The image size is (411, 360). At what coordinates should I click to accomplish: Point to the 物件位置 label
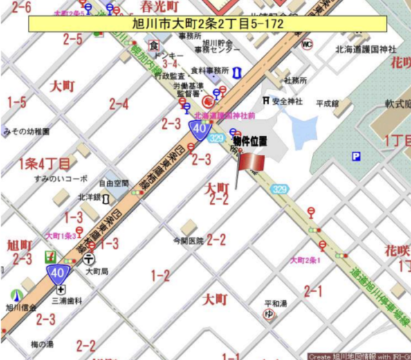point(250,141)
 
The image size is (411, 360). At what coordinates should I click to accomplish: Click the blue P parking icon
point(356,157)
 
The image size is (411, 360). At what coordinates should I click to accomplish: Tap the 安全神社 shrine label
point(287,102)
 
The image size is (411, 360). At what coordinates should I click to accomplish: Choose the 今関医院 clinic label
point(189,241)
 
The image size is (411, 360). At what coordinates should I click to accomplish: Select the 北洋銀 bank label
point(89,197)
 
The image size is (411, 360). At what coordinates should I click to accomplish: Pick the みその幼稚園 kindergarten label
point(26,131)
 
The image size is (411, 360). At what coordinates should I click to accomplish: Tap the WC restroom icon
point(307,44)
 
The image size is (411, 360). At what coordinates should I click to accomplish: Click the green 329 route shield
point(280,189)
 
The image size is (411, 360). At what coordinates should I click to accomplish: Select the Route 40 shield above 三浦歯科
point(57,273)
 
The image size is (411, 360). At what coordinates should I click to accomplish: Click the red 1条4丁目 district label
point(44,163)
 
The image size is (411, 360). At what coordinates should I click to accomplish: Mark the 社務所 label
point(295,80)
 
